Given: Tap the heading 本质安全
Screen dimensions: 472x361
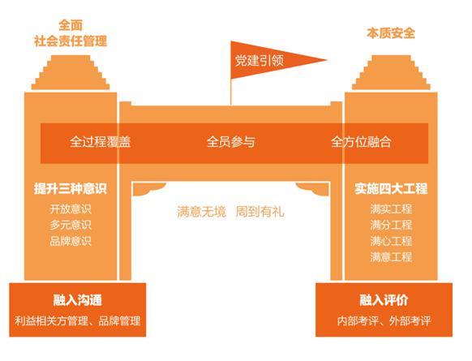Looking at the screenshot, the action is click(391, 33).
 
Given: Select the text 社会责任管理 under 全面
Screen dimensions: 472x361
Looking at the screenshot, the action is click(71, 41).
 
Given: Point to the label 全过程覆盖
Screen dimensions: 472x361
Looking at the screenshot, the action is click(101, 142).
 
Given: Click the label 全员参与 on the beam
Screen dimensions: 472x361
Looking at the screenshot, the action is click(231, 142).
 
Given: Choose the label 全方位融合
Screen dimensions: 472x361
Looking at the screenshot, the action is click(361, 142).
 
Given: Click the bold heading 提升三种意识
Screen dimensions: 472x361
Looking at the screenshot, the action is click(71, 189).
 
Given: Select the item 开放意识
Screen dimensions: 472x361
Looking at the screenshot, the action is click(71, 209).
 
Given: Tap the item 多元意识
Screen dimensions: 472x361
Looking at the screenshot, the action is click(71, 225).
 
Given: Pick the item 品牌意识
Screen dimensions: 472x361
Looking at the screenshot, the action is click(71, 241).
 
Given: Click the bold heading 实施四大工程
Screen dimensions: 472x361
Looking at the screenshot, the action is click(391, 189).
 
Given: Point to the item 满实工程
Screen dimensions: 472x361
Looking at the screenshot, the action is click(391, 209).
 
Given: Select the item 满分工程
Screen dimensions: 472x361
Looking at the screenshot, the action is click(391, 225).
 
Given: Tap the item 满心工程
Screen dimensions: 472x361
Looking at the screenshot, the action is click(391, 241).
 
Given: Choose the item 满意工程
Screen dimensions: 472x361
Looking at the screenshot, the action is click(391, 257).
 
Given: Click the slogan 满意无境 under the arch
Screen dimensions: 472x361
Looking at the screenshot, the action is click(201, 212).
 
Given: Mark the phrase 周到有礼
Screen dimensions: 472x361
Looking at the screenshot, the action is click(260, 212).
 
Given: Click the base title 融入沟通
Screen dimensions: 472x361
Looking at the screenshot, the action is click(78, 300).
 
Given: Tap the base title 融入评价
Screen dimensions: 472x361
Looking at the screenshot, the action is click(384, 300).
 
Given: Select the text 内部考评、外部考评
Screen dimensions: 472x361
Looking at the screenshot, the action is click(384, 321).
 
